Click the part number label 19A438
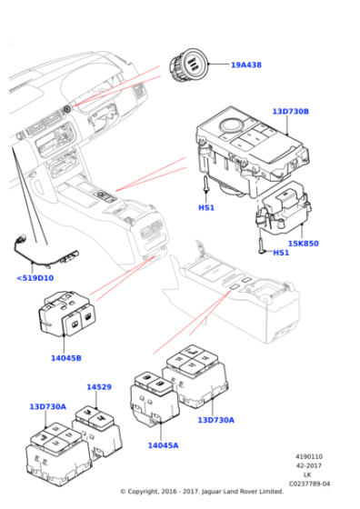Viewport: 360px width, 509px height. click(245, 65)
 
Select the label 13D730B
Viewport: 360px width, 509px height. click(290, 112)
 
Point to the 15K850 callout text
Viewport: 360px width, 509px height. click(304, 244)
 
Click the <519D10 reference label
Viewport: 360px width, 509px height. click(35, 278)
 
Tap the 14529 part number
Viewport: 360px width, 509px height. click(99, 387)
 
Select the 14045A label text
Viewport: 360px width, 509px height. click(164, 445)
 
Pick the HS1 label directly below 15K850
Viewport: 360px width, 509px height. click(282, 253)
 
